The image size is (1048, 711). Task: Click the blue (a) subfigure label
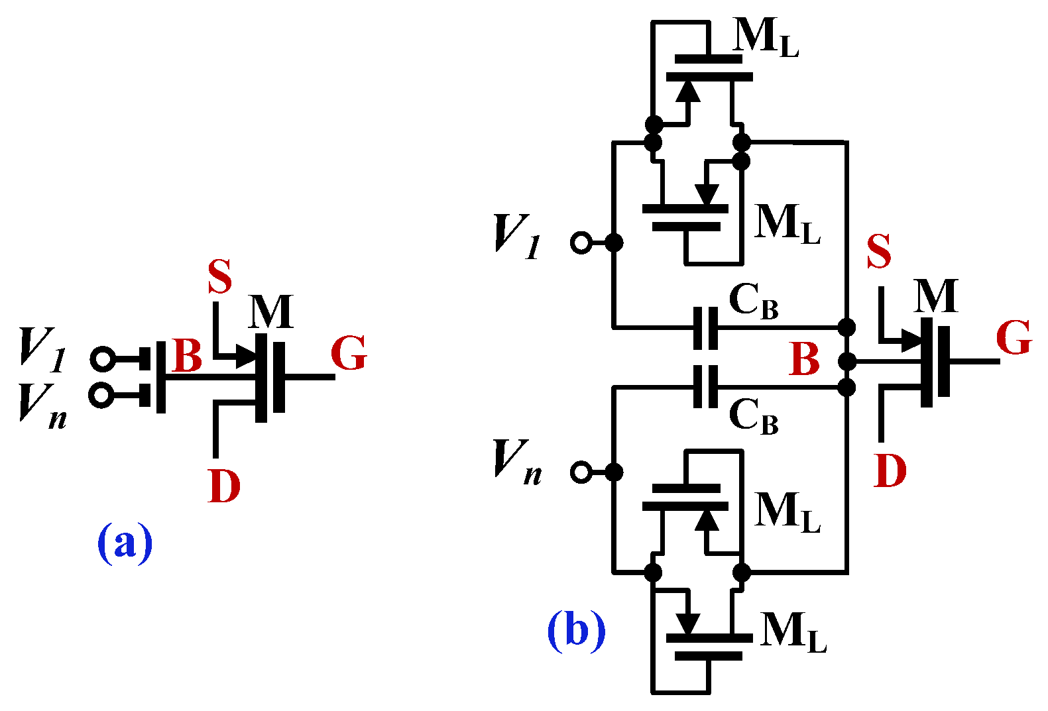coord(125,542)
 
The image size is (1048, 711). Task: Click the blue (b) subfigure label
coord(576,629)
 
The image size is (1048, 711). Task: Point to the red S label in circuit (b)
coord(879,252)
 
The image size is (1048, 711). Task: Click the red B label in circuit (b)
coord(805,360)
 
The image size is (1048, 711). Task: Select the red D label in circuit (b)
coord(890,471)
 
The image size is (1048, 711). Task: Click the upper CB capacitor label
coord(753,301)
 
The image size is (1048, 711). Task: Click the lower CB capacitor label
coord(753,417)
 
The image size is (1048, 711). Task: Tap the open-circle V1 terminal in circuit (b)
coord(581,243)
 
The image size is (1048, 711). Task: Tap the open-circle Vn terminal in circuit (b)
coord(581,472)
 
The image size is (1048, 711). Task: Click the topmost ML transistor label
coord(766,38)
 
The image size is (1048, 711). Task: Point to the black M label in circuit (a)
coord(270,311)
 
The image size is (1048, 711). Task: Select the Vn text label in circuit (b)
coord(518,462)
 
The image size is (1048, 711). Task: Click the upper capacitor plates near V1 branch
coord(705,328)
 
